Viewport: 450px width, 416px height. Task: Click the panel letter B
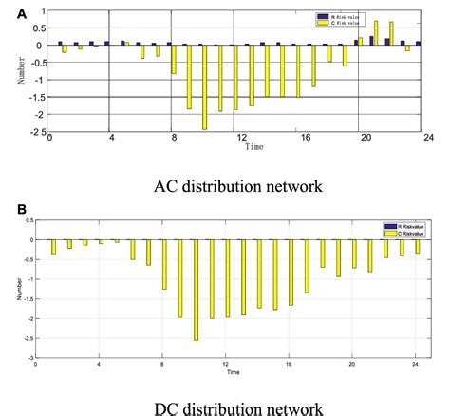(x=9, y=207)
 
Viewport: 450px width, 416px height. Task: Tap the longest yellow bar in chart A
(x=204, y=87)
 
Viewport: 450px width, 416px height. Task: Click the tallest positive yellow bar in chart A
(x=376, y=32)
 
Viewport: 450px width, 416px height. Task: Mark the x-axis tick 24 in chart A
(x=428, y=139)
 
